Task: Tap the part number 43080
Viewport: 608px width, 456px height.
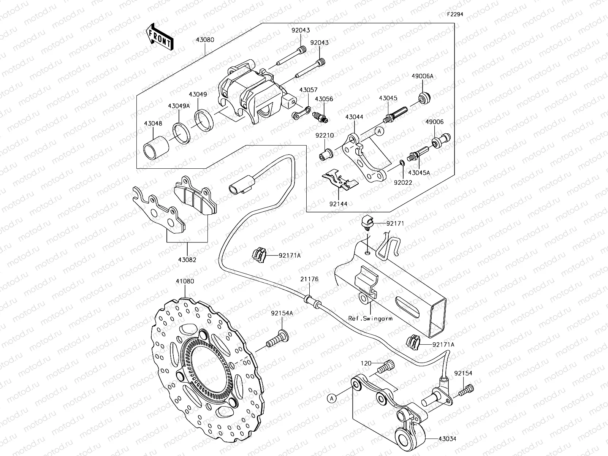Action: tap(205, 40)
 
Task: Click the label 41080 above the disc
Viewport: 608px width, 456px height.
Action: tap(185, 282)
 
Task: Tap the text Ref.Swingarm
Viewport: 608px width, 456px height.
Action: tap(370, 318)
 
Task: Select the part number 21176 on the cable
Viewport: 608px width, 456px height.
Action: tap(309, 279)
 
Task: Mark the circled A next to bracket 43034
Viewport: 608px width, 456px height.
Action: tap(332, 398)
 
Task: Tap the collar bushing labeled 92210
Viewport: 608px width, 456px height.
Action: tap(326, 154)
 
